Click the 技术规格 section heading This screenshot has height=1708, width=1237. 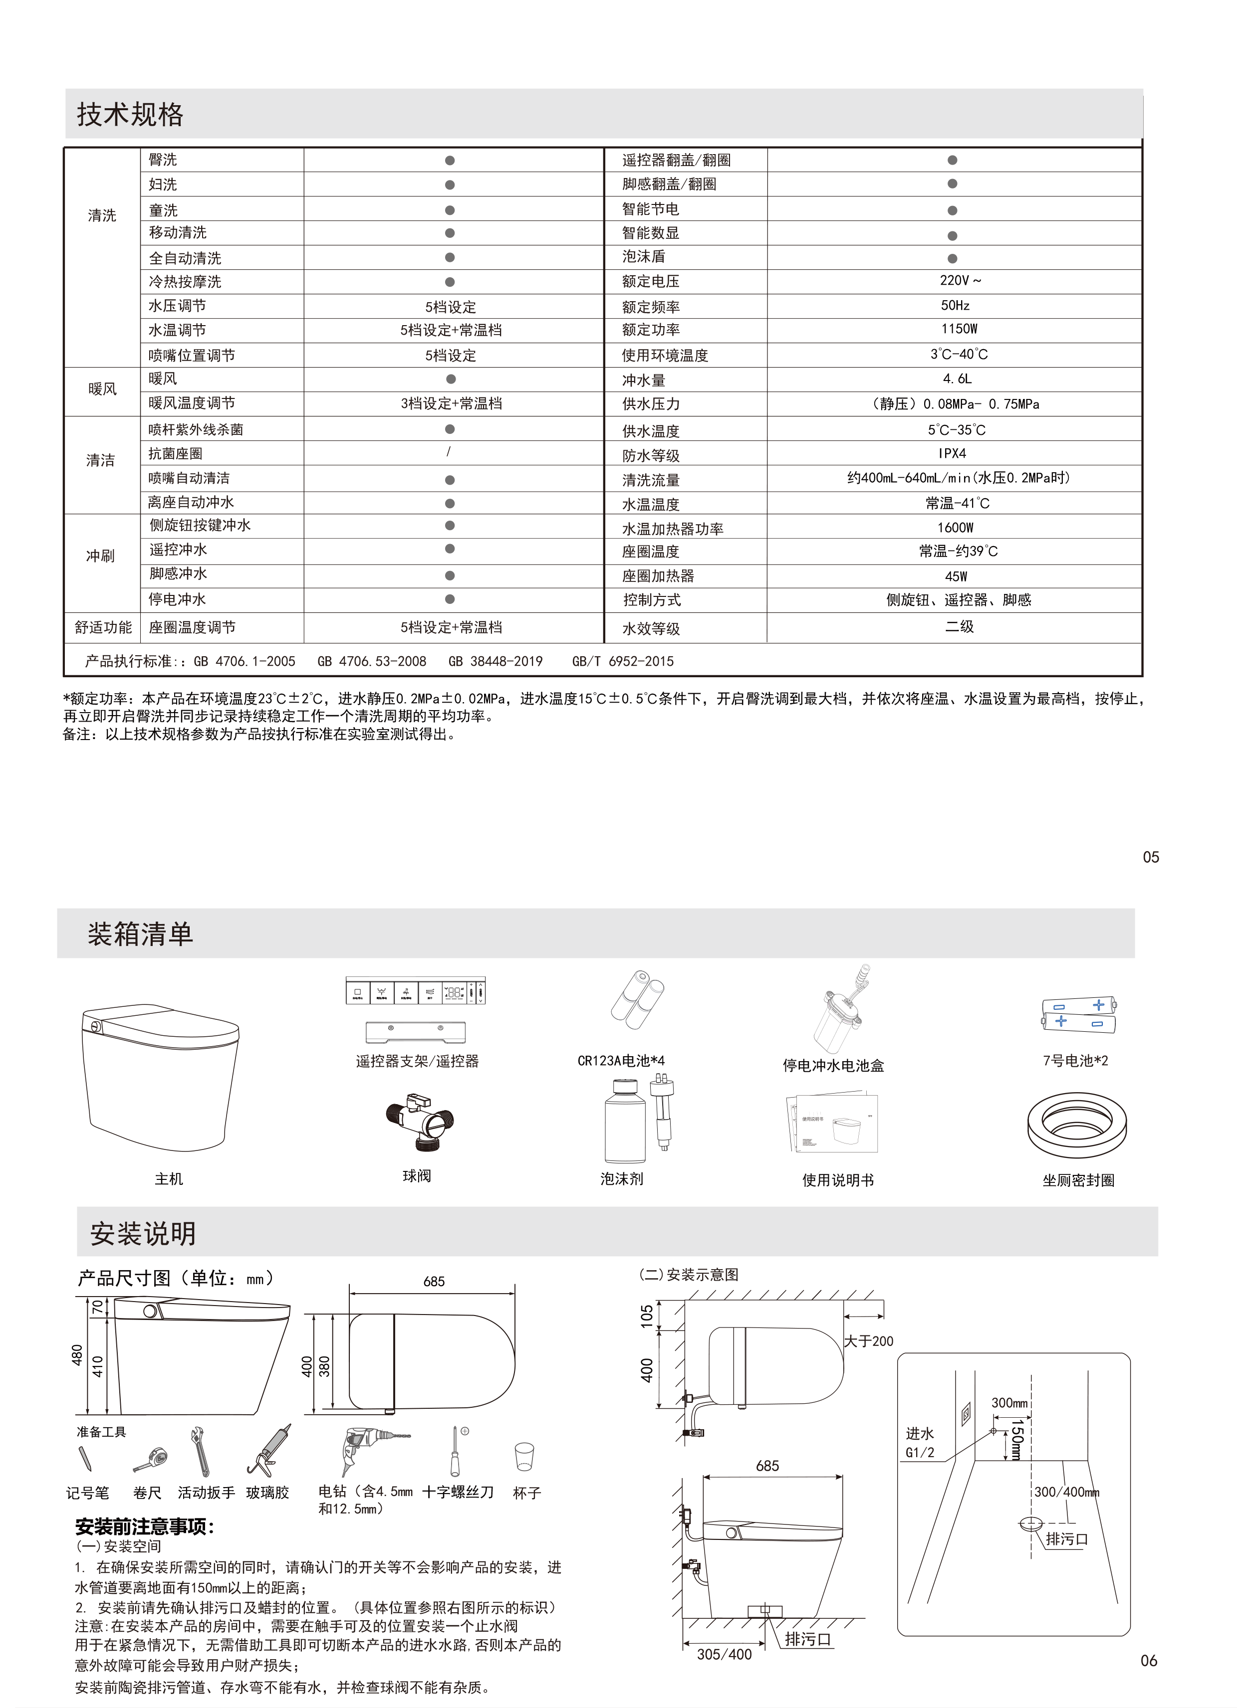click(x=130, y=115)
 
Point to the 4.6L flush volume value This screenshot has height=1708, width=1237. click(x=957, y=379)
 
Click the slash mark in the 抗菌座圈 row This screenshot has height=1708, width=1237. click(x=449, y=452)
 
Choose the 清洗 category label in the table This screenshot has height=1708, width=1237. click(x=102, y=216)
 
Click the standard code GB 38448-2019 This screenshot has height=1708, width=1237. click(x=495, y=661)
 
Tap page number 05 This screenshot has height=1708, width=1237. click(x=1150, y=857)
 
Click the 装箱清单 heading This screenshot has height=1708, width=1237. click(x=140, y=935)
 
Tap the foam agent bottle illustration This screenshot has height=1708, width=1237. click(x=625, y=1121)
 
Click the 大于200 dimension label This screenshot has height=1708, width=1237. click(x=869, y=1341)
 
